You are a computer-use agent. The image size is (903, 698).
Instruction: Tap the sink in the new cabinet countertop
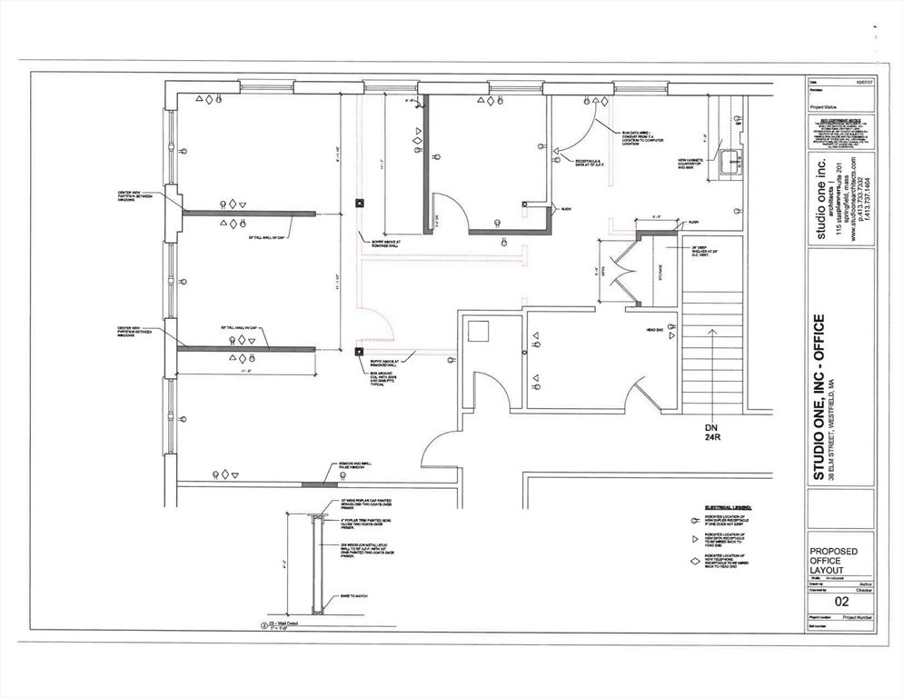(x=727, y=162)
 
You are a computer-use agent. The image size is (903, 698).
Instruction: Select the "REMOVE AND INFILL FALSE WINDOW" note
(x=354, y=467)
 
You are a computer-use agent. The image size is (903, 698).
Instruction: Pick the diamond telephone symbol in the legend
(x=692, y=562)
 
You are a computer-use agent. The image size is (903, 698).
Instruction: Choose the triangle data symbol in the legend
(x=692, y=540)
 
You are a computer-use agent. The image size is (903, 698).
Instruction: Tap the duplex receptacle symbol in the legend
(x=692, y=520)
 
